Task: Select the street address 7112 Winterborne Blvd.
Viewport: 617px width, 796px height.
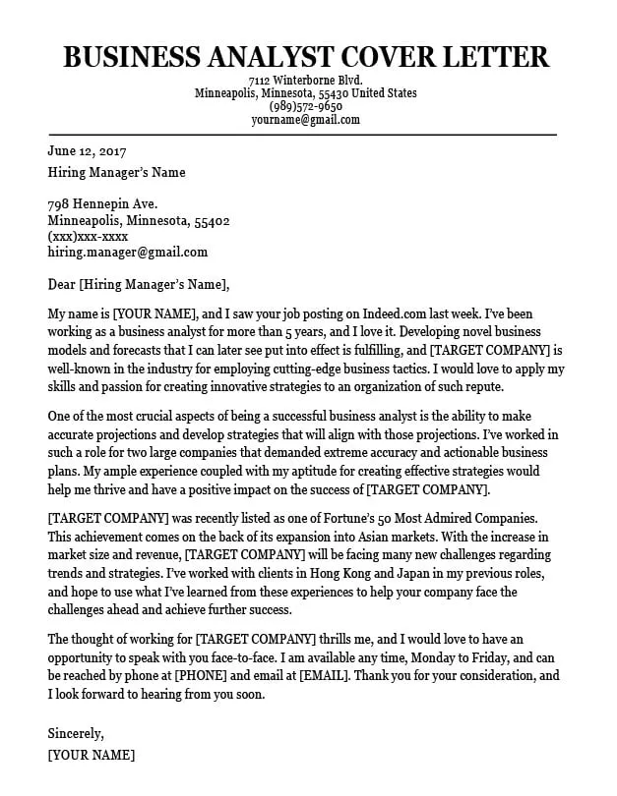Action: (305, 80)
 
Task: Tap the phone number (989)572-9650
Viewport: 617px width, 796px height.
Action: (305, 106)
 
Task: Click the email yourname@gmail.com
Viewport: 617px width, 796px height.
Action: (305, 120)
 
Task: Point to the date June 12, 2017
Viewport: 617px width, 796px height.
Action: (87, 151)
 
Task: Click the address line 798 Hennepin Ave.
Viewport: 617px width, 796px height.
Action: (103, 205)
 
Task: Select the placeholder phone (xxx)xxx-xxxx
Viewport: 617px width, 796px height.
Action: (88, 237)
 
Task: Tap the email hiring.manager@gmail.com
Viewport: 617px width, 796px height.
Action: (127, 253)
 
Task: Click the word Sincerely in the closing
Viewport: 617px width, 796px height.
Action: (76, 733)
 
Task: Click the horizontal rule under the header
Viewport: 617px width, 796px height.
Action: (303, 135)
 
